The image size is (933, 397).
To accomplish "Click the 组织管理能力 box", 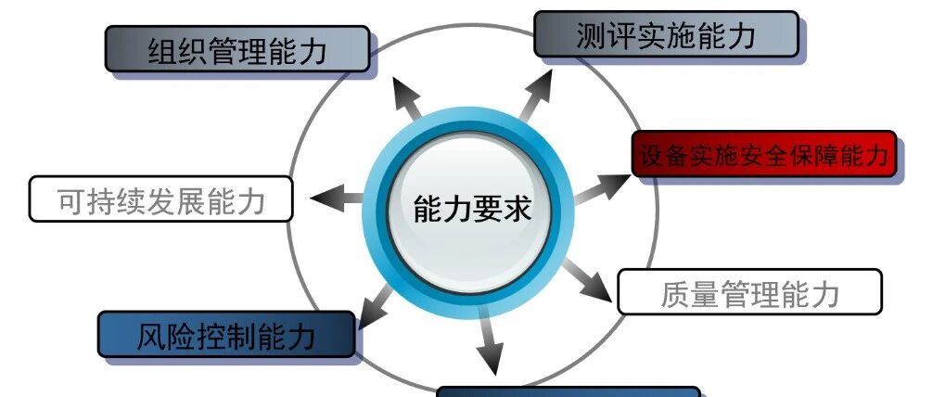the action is click(236, 49).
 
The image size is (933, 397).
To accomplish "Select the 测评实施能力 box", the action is click(665, 34).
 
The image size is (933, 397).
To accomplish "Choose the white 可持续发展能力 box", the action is click(160, 199).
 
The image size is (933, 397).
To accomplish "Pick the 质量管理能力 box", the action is click(748, 292).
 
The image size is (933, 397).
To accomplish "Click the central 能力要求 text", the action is click(472, 209).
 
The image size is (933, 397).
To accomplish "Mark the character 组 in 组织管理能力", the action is click(164, 50).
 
